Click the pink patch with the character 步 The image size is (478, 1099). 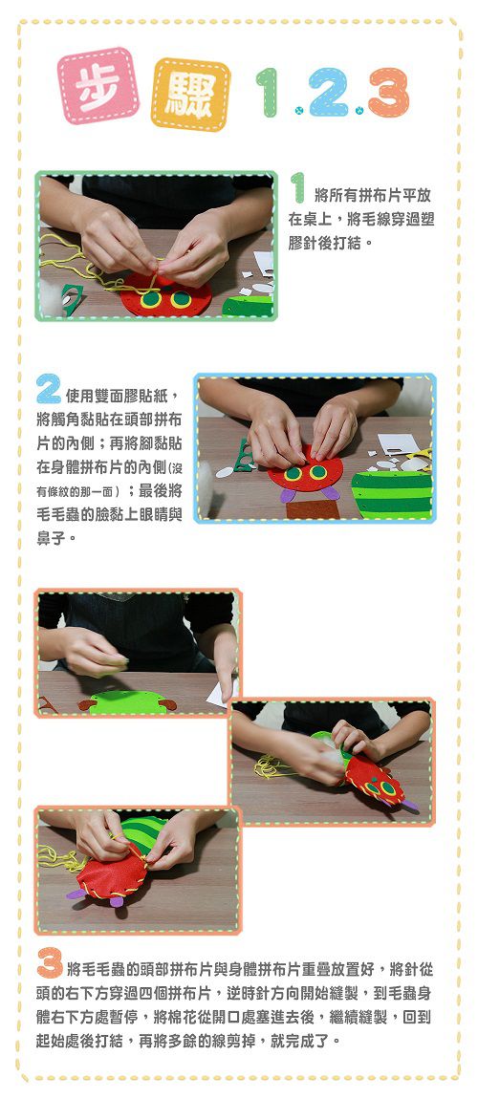98,86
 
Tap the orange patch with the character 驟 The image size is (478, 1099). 190,95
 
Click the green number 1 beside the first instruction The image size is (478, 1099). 298,188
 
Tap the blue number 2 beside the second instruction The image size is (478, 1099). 48,389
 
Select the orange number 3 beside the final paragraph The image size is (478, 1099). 49,963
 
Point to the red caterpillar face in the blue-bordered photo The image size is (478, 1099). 305,472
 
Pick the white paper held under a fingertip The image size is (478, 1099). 222,692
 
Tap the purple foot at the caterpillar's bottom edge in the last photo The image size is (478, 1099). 116,900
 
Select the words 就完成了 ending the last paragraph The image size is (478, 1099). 308,1040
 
